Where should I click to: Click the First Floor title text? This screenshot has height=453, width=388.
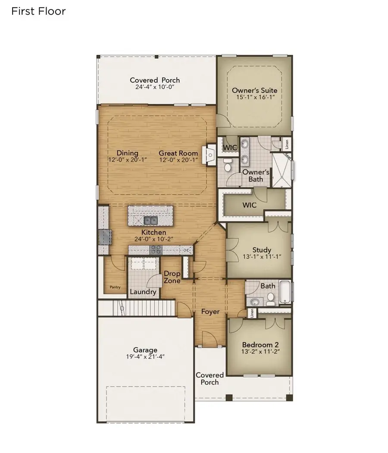[x=38, y=11]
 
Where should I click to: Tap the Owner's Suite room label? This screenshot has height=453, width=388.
[x=254, y=91]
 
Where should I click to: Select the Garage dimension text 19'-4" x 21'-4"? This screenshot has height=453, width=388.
[x=145, y=356]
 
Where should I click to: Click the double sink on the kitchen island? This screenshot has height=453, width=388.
[x=150, y=220]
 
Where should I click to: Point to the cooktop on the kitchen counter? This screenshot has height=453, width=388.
[x=156, y=250]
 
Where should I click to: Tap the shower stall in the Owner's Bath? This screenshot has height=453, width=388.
[x=281, y=171]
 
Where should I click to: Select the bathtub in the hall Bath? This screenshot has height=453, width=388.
[x=285, y=292]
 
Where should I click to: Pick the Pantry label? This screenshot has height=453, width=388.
[x=115, y=287]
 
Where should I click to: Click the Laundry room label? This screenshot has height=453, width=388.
[x=143, y=292]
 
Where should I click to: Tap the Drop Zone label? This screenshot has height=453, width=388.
[x=172, y=277]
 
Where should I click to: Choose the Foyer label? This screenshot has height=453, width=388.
[x=210, y=311]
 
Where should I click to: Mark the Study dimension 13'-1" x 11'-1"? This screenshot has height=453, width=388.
[x=262, y=256]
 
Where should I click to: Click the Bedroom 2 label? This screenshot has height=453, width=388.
[x=260, y=345]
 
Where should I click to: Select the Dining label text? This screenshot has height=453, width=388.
[x=127, y=153]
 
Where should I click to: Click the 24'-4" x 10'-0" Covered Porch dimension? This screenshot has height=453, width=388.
[x=155, y=87]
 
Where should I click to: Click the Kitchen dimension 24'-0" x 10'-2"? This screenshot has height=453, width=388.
[x=150, y=239]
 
